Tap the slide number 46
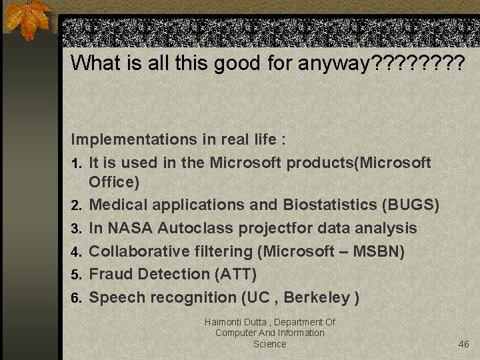464,344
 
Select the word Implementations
131,140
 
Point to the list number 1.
76,163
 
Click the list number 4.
76,252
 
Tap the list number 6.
76,298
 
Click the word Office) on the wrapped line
114,182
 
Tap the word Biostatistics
329,205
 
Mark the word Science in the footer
269,344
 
